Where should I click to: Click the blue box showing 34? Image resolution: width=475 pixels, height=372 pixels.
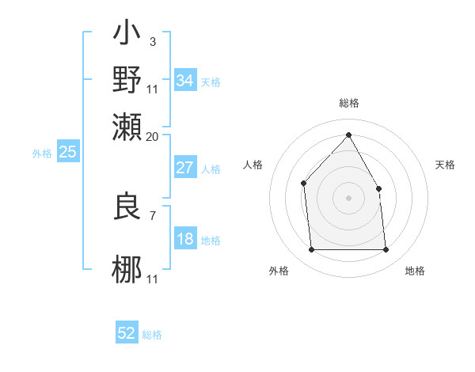184,81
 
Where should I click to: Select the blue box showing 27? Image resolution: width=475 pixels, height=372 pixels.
184,168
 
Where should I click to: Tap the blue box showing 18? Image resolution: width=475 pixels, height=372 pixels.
184,239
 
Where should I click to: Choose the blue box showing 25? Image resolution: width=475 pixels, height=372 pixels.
67,153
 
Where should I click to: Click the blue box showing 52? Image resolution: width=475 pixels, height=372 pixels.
127,333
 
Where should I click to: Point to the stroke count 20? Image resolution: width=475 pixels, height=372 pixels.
152,137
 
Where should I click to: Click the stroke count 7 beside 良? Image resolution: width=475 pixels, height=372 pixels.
152,214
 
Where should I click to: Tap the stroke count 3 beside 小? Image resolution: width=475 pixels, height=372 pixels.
152,40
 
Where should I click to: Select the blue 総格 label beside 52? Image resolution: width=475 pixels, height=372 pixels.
153,335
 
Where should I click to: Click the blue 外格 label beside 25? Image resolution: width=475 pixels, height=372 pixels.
42,154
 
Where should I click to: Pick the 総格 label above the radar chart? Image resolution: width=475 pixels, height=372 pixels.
348,104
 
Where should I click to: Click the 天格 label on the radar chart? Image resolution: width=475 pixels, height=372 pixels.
446,165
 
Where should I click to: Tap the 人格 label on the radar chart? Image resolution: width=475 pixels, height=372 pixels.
253,165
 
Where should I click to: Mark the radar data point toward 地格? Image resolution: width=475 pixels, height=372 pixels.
386,250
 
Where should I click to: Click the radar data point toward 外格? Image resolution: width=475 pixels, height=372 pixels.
311,250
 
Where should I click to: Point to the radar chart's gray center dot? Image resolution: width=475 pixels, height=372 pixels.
348,198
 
